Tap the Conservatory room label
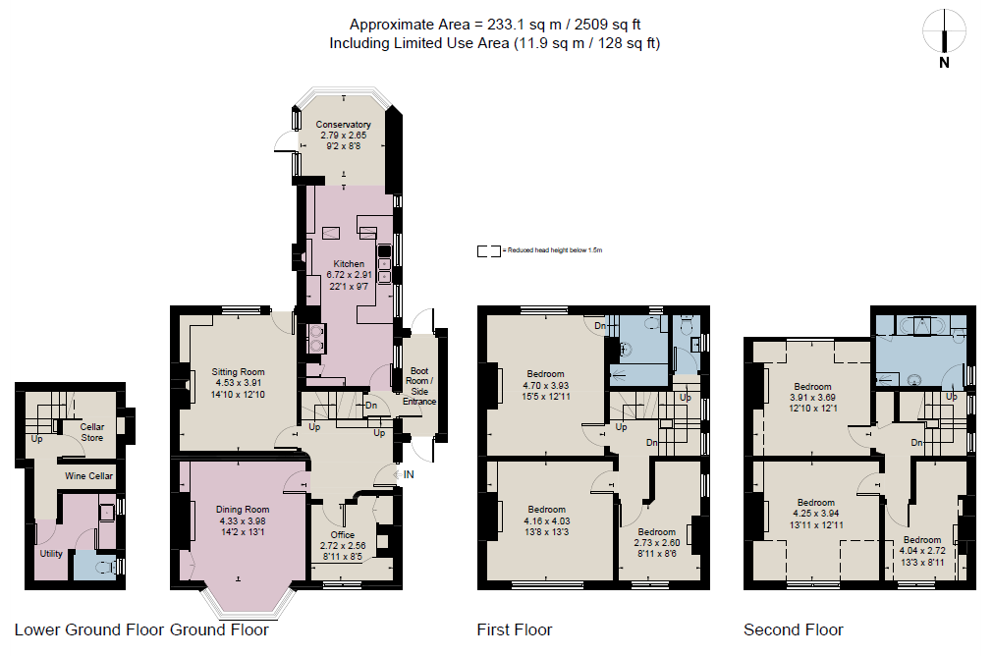pos(343,125)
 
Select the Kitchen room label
pos(349,264)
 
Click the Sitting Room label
pos(239,372)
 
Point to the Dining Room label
pos(242,510)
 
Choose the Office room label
pos(343,534)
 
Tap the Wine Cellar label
pos(88,476)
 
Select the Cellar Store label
pos(92,432)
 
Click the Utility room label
pos(51,554)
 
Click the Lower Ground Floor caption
pos(89,629)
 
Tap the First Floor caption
pos(514,629)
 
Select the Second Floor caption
pos(793,629)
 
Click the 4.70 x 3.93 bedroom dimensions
pos(545,386)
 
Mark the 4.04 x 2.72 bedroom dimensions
pos(921,551)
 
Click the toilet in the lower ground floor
pos(110,565)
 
